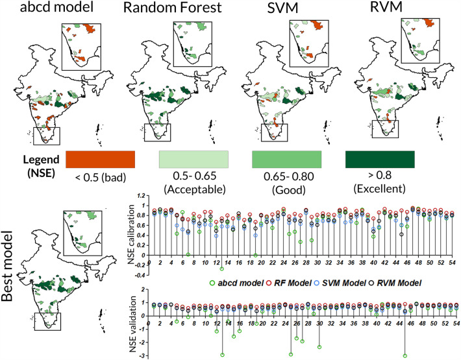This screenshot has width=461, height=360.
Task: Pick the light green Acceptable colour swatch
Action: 193,159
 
